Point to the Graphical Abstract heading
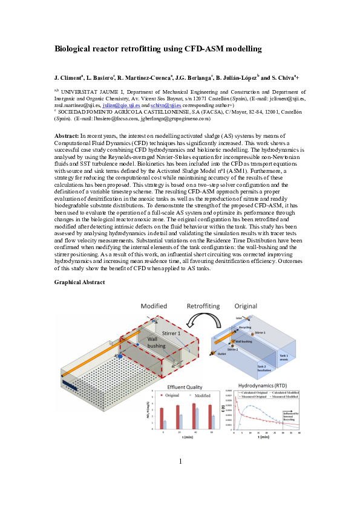pyautogui.click(x=79, y=282)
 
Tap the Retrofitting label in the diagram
pyautogui.click(x=203, y=307)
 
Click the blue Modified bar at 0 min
pyautogui.click(x=165, y=425)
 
